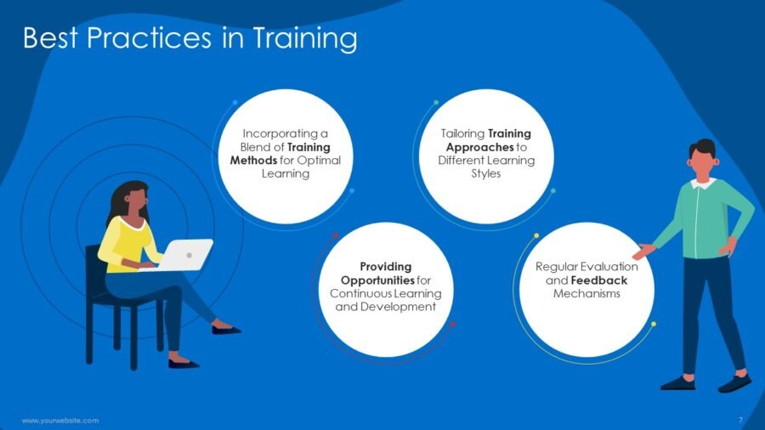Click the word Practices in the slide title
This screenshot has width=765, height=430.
tap(149, 37)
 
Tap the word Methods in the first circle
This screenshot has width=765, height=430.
tap(253, 161)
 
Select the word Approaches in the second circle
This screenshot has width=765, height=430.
tap(479, 147)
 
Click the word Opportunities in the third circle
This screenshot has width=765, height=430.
tap(377, 280)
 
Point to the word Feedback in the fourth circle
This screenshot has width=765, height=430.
tap(598, 280)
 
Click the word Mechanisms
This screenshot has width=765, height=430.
tap(586, 293)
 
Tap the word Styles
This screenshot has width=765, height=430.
tap(486, 174)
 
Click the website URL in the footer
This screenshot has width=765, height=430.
tap(60, 421)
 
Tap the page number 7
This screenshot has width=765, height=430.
tap(740, 420)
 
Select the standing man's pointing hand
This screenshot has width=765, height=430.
tap(643, 251)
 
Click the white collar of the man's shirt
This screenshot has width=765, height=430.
tap(703, 184)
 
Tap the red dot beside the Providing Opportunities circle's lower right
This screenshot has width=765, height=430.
tap(452, 325)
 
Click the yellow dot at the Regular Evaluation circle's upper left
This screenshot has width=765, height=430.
tap(536, 236)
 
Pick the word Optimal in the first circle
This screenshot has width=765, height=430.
tap(319, 161)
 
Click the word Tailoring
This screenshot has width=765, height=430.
tap(462, 134)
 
